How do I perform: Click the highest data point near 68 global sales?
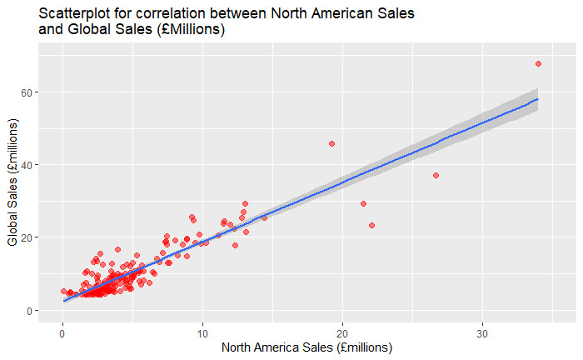(x=538, y=63)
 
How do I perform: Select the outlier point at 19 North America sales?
(x=331, y=143)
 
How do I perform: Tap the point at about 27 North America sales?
(x=436, y=175)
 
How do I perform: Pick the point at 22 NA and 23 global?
(x=371, y=225)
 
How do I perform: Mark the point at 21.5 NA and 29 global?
(x=363, y=203)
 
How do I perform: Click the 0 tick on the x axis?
(x=62, y=332)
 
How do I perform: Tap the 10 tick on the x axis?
(x=202, y=332)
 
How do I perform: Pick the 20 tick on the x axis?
(x=342, y=332)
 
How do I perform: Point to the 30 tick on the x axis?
(x=482, y=332)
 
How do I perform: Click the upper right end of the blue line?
(x=538, y=99)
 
